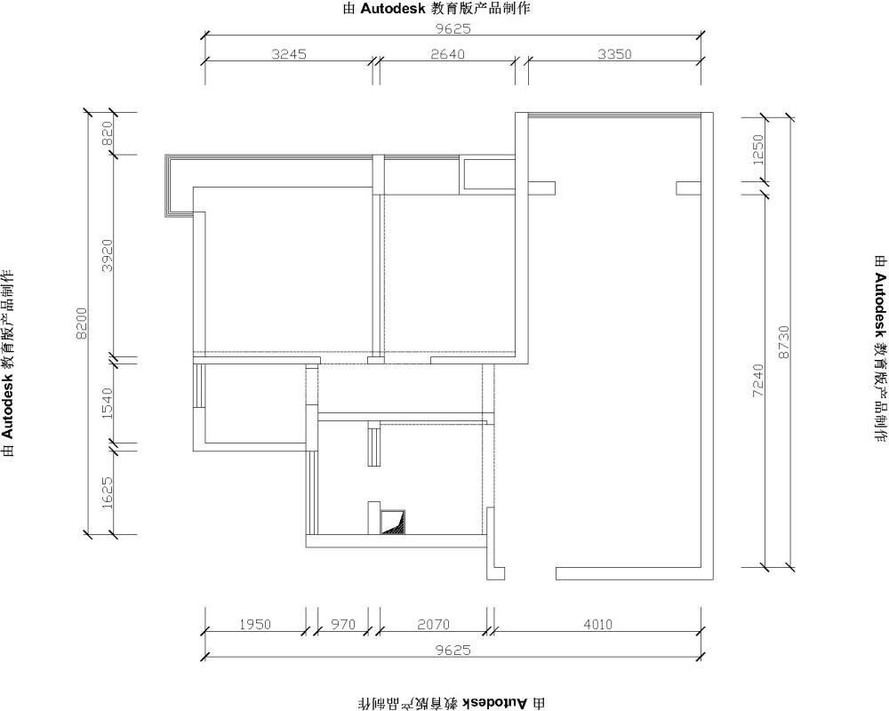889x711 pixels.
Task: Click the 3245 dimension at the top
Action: (289, 54)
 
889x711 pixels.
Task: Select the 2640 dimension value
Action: (447, 54)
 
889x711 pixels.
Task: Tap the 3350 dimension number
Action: (614, 54)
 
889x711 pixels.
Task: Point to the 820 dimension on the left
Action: (108, 134)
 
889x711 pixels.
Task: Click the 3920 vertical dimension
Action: (108, 255)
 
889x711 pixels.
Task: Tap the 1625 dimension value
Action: (108, 491)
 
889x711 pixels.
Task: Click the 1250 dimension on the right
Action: (758, 149)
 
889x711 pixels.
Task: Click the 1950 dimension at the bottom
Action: (255, 624)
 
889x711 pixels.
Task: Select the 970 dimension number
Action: (343, 624)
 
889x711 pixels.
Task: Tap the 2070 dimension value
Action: (433, 624)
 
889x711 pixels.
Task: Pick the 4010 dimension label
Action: (597, 624)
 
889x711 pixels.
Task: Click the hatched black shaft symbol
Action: (392, 523)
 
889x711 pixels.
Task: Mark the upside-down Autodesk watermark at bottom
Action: (452, 703)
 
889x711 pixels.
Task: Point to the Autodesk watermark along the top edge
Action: (436, 9)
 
